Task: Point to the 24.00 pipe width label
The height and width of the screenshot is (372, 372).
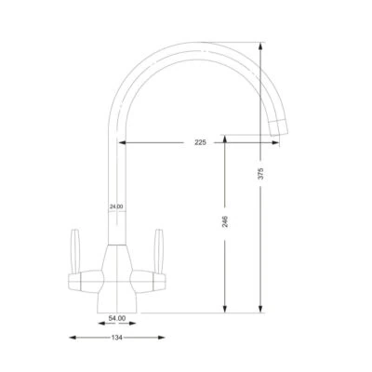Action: pyautogui.click(x=115, y=206)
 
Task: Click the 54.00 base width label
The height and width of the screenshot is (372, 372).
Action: pyautogui.click(x=116, y=318)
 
